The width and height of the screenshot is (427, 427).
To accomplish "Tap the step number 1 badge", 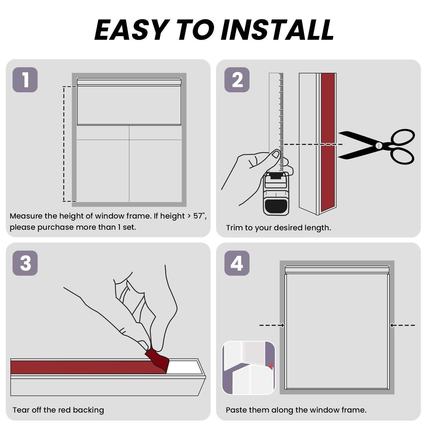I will click(25, 80).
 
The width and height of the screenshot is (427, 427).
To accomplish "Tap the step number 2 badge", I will click(237, 80).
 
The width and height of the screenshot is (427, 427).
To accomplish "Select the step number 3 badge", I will click(25, 263).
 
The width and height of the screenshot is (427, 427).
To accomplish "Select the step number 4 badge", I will click(237, 263).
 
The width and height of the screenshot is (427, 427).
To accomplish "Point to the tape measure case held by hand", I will click(276, 194).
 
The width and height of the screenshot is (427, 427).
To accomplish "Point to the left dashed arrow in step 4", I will click(272, 325).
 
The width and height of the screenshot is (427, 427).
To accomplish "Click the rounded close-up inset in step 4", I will click(248, 368).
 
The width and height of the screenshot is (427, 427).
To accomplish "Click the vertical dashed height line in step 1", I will click(64, 144).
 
